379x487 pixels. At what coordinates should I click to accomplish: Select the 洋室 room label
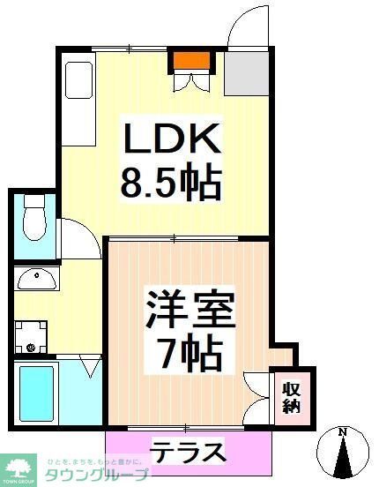[x=189, y=311]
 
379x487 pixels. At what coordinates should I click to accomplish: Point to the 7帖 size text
[x=189, y=354]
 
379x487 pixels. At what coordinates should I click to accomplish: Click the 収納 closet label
[x=291, y=396]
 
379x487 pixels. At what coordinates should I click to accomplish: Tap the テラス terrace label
[x=188, y=453]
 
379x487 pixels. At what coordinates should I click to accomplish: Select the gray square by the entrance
[x=246, y=73]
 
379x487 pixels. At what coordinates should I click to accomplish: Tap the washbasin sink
[x=36, y=279]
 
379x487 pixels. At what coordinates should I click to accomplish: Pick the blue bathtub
[x=36, y=393]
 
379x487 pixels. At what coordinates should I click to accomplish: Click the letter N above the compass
[x=344, y=431]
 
